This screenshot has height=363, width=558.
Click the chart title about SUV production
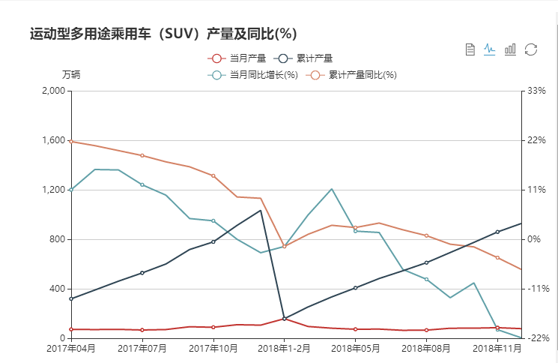(x=163, y=34)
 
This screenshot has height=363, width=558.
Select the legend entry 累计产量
(x=306, y=58)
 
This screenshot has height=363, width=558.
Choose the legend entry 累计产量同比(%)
(x=355, y=75)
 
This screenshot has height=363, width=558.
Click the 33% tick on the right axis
(x=537, y=91)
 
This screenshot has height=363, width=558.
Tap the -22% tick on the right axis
(x=539, y=338)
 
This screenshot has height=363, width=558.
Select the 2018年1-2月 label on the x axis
(x=285, y=349)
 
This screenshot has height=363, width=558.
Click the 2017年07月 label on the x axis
(x=142, y=349)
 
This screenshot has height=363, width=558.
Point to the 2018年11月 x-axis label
(x=497, y=349)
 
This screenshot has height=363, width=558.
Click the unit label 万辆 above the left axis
(x=71, y=75)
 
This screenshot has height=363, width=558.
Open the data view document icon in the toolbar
(x=470, y=49)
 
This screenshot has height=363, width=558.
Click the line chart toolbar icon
(x=490, y=49)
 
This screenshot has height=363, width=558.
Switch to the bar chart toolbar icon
(x=510, y=49)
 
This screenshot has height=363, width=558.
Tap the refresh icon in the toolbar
(x=531, y=49)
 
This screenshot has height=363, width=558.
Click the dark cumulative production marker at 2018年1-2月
(x=285, y=318)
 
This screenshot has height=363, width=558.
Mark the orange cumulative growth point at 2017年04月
(x=71, y=141)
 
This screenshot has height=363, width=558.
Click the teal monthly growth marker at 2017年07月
(x=142, y=184)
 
